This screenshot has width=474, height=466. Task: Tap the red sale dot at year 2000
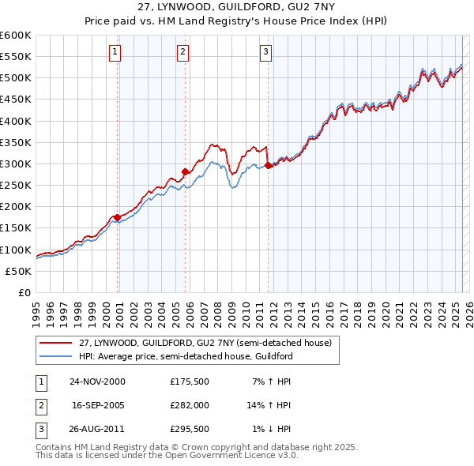pyautogui.click(x=117, y=217)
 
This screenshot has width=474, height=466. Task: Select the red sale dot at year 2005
pyautogui.click(x=185, y=171)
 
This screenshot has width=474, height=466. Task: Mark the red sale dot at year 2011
pyautogui.click(x=268, y=166)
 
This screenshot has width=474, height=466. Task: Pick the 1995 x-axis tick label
pyautogui.click(x=36, y=312)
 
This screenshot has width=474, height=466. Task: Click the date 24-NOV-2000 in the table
pyautogui.click(x=97, y=381)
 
